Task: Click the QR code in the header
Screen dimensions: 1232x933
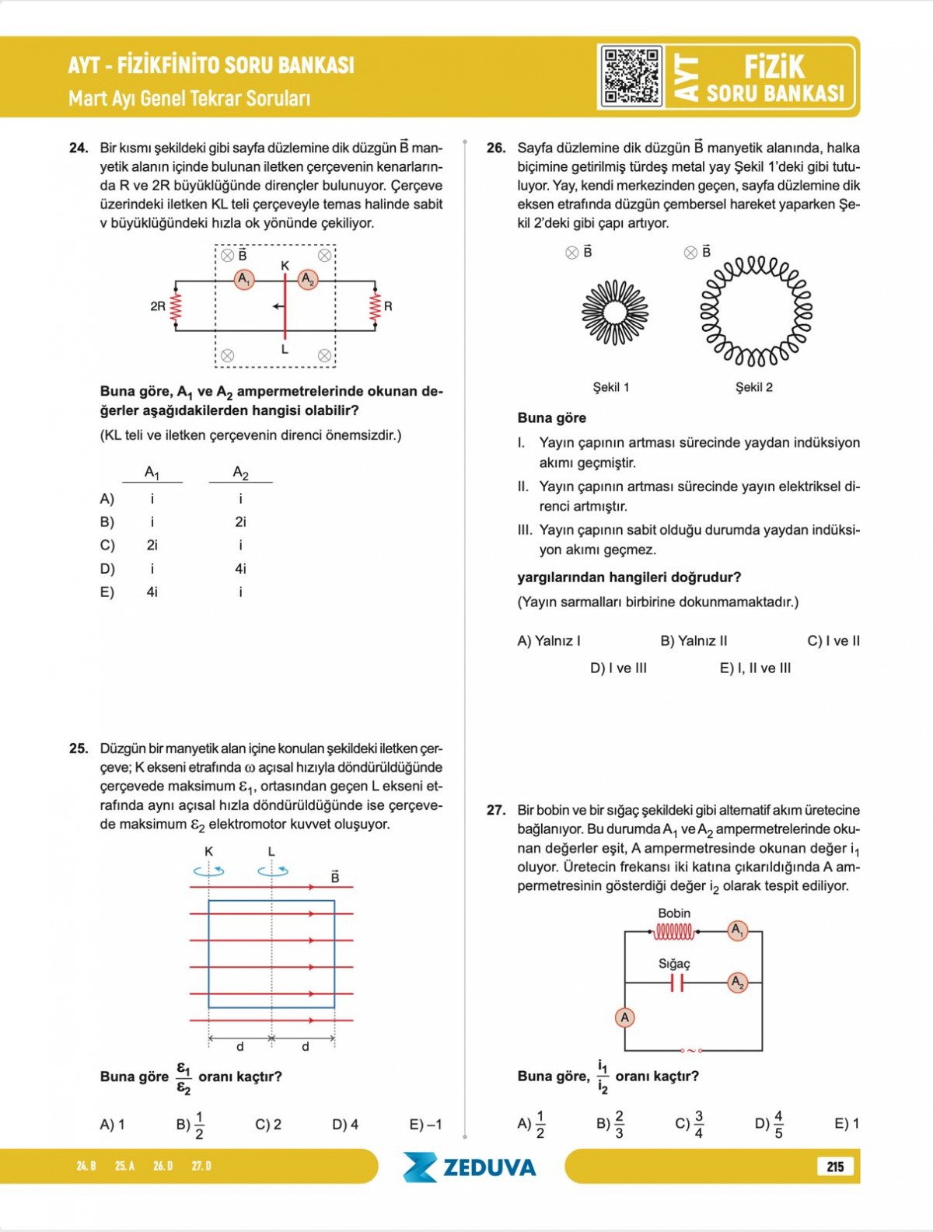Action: point(631,75)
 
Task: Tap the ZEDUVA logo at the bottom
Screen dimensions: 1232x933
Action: point(470,1167)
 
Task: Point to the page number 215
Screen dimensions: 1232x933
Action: point(835,1166)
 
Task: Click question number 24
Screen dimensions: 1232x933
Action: point(79,148)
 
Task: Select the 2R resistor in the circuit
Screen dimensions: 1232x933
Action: point(176,306)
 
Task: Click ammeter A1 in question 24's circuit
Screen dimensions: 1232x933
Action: point(244,278)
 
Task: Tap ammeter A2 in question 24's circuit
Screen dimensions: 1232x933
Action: point(308,278)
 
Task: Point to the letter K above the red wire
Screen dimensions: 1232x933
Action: point(285,266)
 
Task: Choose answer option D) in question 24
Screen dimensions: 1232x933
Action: point(107,569)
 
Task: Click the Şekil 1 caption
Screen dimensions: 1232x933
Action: point(611,387)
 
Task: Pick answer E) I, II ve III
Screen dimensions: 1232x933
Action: point(755,668)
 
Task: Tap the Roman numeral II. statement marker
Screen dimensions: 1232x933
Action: point(523,487)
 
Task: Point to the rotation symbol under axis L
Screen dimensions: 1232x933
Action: point(273,871)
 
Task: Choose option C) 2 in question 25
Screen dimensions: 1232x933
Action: point(268,1124)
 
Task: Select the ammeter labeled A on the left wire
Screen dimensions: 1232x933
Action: point(624,1017)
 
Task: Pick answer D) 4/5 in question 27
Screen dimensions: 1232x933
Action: point(769,1123)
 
